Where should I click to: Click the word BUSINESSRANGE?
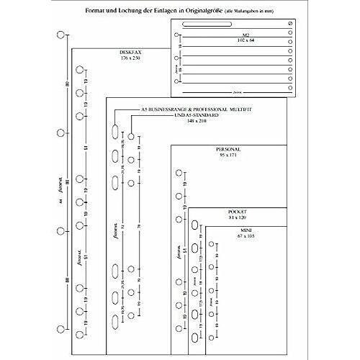[166, 109]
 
